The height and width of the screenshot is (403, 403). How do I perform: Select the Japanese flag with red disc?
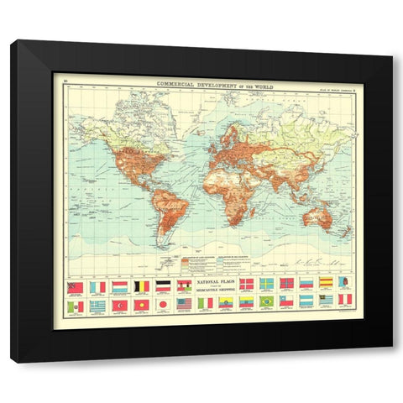click(x=162, y=303)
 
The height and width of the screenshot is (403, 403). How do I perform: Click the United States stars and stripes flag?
click(x=184, y=303)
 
